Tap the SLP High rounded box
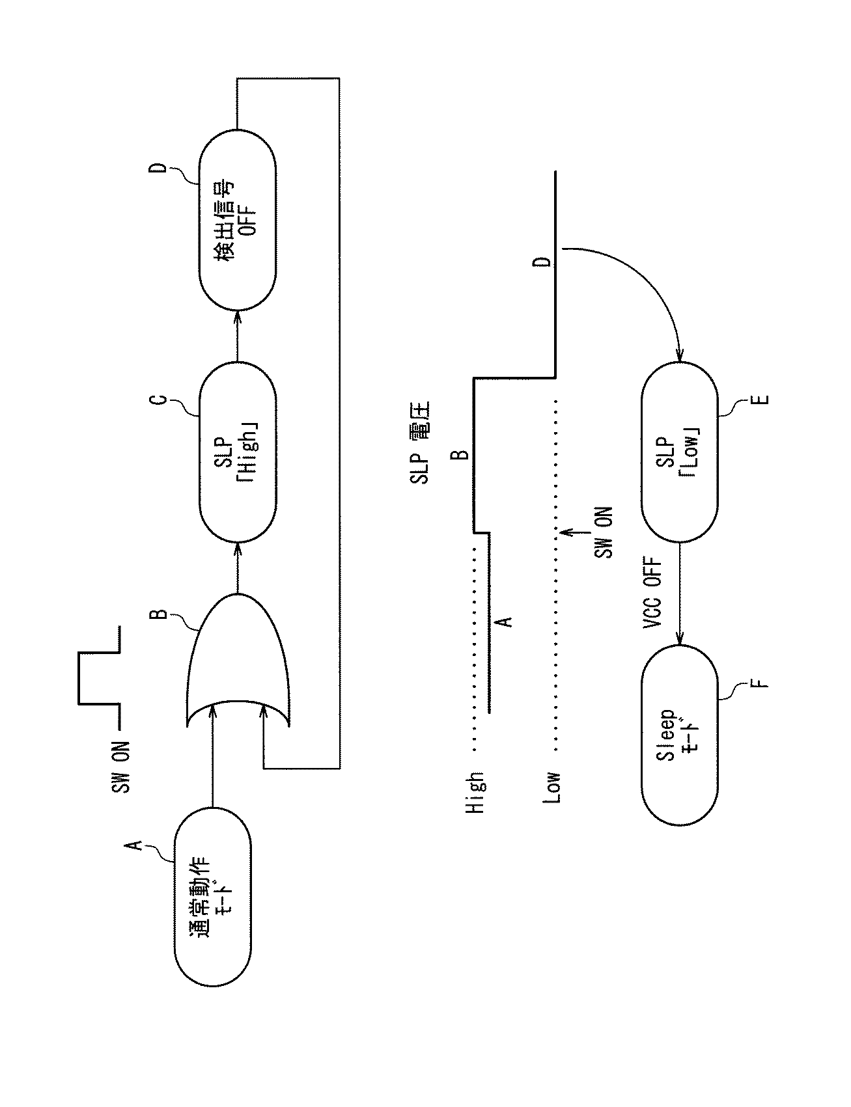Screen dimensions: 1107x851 (237, 449)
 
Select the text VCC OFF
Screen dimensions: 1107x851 (652, 593)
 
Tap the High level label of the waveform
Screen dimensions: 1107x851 (475, 793)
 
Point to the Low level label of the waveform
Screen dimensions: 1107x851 (552, 787)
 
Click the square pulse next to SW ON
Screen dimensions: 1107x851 (98, 677)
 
